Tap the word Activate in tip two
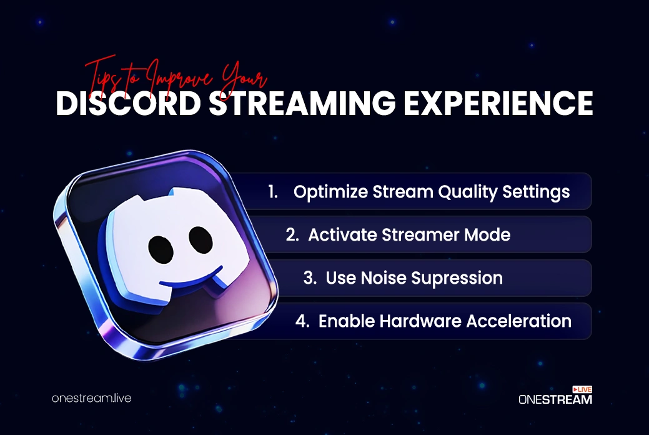[x=341, y=235]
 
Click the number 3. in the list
[x=310, y=278]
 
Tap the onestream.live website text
[x=91, y=398]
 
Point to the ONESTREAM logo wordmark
[x=555, y=399]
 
